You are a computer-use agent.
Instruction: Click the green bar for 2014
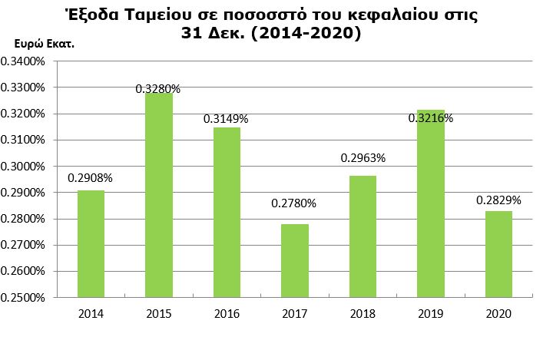(x=91, y=243)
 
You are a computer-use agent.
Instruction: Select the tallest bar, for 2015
(x=158, y=195)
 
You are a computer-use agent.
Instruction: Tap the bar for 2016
(x=227, y=212)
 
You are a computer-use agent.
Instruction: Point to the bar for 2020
(x=498, y=254)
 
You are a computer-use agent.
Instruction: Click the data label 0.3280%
(x=158, y=89)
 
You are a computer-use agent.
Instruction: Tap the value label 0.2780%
(x=293, y=204)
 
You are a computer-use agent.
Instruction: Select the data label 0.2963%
(x=363, y=159)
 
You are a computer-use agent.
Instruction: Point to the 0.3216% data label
(x=430, y=119)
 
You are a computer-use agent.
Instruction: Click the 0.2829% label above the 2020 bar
(x=498, y=200)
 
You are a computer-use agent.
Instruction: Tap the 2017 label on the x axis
(x=294, y=314)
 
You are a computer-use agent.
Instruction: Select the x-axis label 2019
(x=430, y=314)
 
